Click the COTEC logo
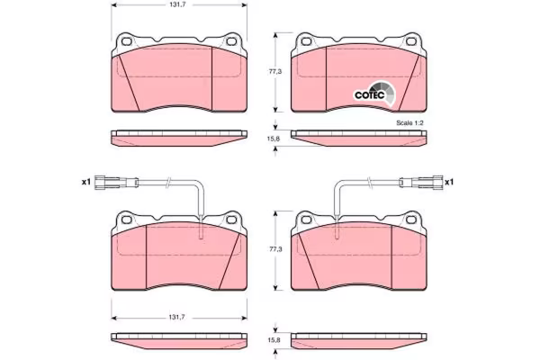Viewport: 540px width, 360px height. point(375,94)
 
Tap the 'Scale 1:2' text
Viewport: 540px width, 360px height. point(409,123)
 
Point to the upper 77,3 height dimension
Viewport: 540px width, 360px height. point(275,72)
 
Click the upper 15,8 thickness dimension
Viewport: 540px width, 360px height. point(274,139)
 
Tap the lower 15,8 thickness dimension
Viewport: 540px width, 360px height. point(274,339)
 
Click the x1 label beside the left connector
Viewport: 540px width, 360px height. point(85,182)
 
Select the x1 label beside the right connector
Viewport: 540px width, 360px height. point(449,182)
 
